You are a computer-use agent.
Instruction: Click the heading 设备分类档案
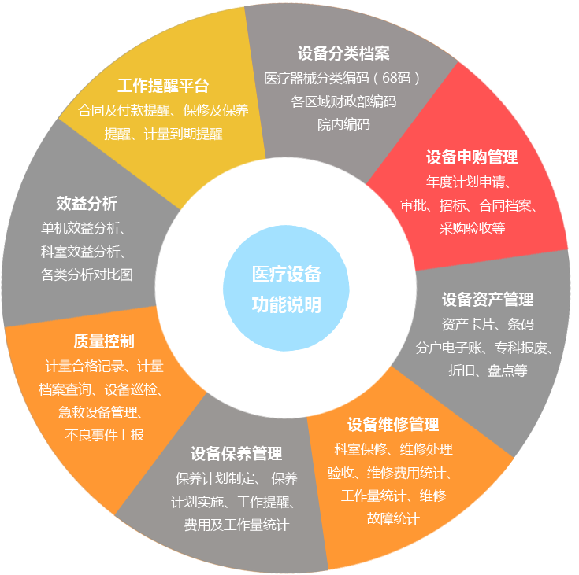(343, 53)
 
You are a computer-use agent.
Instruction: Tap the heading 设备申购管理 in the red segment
(472, 157)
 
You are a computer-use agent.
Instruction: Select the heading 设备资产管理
(488, 299)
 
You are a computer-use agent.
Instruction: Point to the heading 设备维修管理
(393, 424)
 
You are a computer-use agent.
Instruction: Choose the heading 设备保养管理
(236, 453)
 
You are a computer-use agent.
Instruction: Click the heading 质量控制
(104, 341)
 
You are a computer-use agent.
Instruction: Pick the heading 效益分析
(87, 203)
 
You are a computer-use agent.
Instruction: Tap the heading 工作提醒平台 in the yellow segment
(163, 86)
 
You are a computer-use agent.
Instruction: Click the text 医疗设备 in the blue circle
(287, 274)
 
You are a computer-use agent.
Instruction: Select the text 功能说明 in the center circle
(287, 304)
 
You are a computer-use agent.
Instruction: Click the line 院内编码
(343, 124)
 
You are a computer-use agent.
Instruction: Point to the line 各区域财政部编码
(343, 101)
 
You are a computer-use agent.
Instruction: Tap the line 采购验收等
(473, 228)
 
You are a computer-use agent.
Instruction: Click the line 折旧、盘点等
(488, 370)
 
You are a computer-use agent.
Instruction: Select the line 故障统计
(393, 518)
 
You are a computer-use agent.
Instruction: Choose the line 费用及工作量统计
(236, 525)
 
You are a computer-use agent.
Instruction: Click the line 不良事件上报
(104, 435)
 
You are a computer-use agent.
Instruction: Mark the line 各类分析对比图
(87, 275)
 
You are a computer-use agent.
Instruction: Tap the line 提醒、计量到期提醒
(163, 134)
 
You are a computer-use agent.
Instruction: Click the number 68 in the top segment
(389, 78)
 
